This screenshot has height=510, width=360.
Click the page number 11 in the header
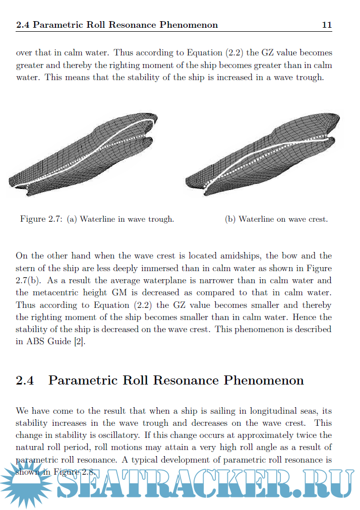point(326,24)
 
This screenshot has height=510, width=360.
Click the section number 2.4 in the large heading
point(25,380)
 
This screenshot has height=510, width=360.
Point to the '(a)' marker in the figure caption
point(72,219)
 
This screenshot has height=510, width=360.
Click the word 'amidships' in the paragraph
point(212,256)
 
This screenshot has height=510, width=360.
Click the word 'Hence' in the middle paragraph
point(306,317)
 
